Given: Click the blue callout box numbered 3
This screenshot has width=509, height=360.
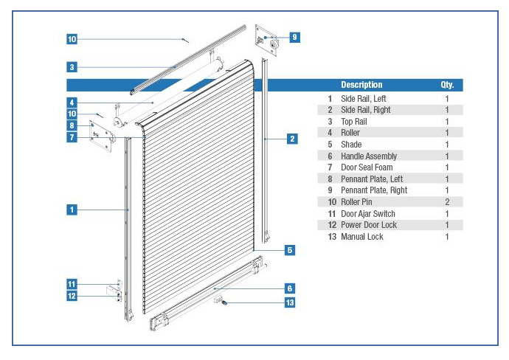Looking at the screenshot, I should pyautogui.click(x=72, y=66).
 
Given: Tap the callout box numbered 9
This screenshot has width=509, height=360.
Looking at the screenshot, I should pyautogui.click(x=294, y=37).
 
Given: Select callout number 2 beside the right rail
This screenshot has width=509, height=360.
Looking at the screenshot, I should pyautogui.click(x=292, y=138).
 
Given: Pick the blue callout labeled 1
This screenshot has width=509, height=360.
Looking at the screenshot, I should pyautogui.click(x=72, y=210).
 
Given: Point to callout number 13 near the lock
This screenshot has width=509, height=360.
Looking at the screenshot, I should pyautogui.click(x=290, y=302).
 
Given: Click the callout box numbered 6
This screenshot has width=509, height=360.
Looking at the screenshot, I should pyautogui.click(x=290, y=288).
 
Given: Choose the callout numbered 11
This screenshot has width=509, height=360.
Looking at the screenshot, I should pyautogui.click(x=72, y=283).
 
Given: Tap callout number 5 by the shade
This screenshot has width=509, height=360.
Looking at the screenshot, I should pyautogui.click(x=290, y=250).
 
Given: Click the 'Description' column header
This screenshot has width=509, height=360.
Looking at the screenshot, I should pyautogui.click(x=361, y=85).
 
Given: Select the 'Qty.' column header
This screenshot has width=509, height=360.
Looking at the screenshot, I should pyautogui.click(x=447, y=85).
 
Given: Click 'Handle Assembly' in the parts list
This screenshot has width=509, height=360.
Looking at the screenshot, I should pyautogui.click(x=369, y=156).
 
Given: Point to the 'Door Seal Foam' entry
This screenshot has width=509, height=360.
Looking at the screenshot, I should pyautogui.click(x=367, y=167).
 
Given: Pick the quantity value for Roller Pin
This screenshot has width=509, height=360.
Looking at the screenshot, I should pyautogui.click(x=447, y=202).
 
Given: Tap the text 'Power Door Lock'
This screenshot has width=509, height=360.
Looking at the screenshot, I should pyautogui.click(x=369, y=225).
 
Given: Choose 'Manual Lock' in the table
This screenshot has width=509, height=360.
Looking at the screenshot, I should pyautogui.click(x=362, y=237).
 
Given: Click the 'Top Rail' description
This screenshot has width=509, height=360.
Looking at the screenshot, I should pyautogui.click(x=354, y=122).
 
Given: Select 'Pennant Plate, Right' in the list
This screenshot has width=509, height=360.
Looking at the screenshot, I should pyautogui.click(x=374, y=190).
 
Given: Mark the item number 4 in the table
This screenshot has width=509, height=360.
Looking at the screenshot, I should pyautogui.click(x=330, y=133).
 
